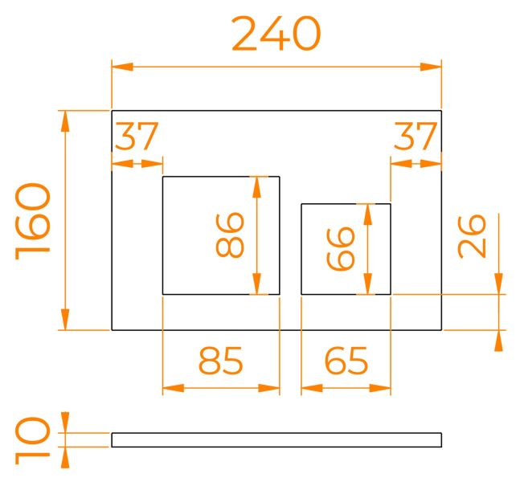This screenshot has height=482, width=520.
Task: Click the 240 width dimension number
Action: click(276, 35)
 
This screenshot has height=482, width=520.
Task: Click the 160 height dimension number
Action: click(34, 219)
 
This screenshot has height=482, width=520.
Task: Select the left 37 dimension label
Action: click(136, 137)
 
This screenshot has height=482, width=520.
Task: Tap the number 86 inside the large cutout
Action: click(231, 235)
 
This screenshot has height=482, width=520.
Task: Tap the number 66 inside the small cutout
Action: click(342, 248)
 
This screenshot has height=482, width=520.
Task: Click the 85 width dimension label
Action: click(220, 362)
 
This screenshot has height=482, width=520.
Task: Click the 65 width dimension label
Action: click(346, 362)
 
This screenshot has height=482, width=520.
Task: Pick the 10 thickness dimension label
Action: click(34, 439)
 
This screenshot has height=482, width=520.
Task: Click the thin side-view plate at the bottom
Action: click(276, 439)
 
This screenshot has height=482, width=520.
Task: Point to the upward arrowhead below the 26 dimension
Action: click(499, 341)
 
